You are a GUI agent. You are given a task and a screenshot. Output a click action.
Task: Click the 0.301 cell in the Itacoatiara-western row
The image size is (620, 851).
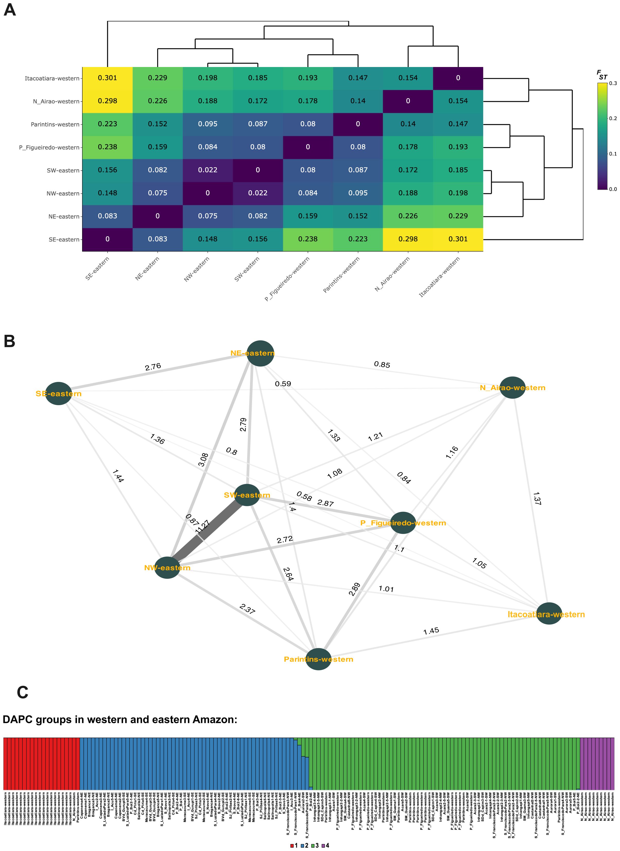point(107,78)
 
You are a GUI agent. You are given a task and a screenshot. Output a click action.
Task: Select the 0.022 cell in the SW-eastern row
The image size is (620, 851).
point(208,170)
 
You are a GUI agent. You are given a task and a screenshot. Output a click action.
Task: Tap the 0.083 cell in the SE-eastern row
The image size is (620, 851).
point(158,239)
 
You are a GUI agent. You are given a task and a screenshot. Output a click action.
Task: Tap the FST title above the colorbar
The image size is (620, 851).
point(602,75)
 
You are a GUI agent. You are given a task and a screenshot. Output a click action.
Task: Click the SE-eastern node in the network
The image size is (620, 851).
point(58,394)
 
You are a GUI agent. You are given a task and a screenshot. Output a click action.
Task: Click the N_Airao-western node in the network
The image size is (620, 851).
point(513,388)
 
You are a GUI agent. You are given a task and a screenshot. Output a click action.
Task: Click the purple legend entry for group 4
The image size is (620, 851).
point(325,845)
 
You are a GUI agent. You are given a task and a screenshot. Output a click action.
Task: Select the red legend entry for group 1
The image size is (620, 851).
point(294,845)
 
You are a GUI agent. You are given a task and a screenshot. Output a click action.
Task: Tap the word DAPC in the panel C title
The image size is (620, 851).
point(19,720)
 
